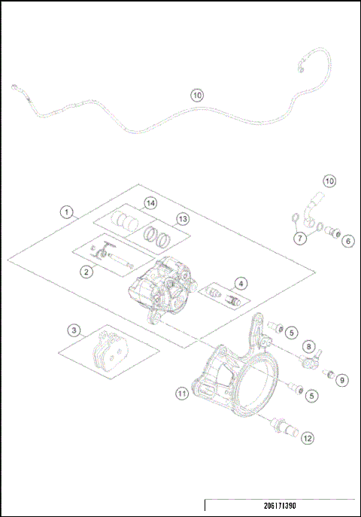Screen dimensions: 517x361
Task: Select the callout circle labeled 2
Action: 87,272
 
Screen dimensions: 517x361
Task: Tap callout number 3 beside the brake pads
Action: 73,330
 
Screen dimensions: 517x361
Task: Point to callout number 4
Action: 240,283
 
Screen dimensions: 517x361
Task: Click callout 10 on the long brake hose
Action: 196,96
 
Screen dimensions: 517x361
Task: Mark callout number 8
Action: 308,346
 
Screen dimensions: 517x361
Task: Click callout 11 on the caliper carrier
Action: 181,393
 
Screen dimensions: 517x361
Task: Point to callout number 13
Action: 181,218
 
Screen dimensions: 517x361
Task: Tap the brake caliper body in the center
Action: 161,290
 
